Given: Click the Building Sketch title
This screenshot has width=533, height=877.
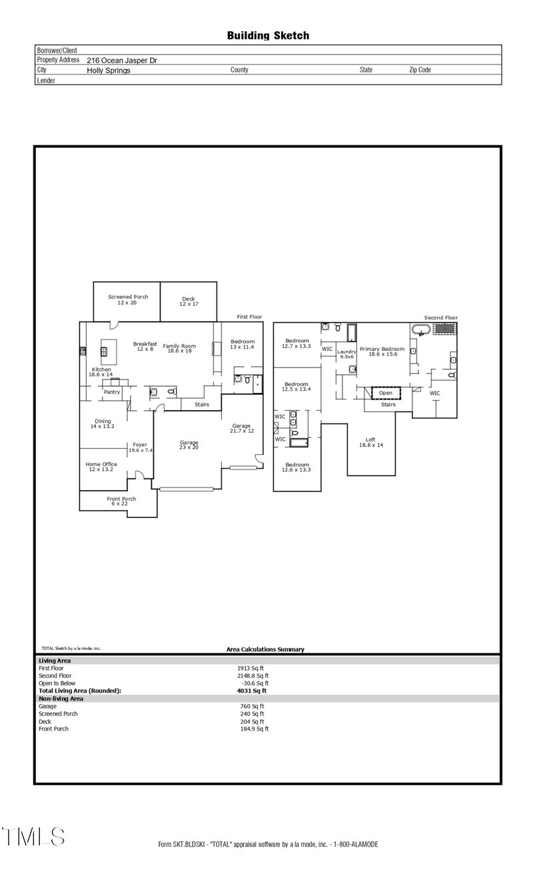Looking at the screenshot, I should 268,35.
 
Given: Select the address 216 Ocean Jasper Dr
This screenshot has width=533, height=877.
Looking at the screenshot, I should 122,60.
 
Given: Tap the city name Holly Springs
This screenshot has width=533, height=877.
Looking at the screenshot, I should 109,70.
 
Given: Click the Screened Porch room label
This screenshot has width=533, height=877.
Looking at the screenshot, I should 128,297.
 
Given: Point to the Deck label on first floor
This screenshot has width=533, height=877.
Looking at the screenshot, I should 189,299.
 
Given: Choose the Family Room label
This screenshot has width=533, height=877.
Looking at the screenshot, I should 180,346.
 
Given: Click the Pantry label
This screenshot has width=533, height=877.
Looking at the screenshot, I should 111,392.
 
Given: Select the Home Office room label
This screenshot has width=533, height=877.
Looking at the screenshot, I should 101,464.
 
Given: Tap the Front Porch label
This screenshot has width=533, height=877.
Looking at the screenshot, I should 121,499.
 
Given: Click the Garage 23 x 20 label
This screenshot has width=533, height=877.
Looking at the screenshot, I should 189,443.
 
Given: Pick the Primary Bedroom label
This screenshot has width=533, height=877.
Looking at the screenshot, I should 382,349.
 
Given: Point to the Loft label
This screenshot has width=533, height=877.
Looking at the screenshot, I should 370,439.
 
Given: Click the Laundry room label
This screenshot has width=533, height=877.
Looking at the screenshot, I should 347,352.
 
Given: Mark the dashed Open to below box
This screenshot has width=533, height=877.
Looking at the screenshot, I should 386,393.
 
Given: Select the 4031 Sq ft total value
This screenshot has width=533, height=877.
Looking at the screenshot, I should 252,691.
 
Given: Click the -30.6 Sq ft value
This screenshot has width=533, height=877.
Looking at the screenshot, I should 255,683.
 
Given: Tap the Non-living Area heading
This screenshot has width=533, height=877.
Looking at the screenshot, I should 61,699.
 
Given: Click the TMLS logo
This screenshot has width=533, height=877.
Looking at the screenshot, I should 33,836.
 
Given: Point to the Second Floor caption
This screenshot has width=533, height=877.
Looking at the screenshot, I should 441,318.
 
